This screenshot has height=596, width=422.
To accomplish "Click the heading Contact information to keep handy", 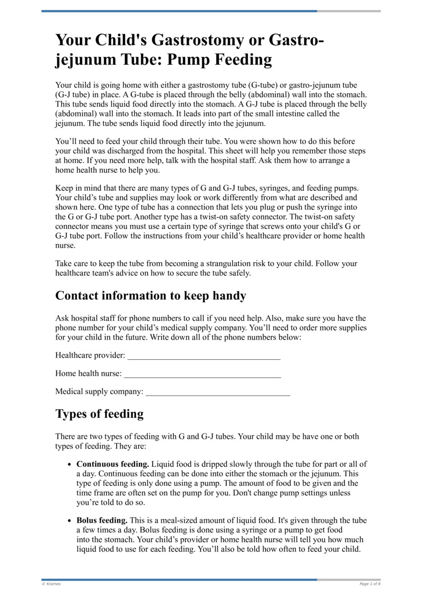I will point(151,296).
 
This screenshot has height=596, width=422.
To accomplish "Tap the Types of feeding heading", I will point(99,414).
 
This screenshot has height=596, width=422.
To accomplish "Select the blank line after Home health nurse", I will point(202,374).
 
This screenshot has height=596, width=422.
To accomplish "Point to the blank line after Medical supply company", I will point(218,392).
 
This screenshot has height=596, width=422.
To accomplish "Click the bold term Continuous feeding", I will point(113,464).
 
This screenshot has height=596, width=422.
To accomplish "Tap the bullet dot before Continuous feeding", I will point(70,465).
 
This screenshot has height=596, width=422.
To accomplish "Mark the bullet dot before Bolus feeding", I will point(70,521).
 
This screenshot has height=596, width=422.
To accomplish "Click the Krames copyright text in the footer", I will point(51,584).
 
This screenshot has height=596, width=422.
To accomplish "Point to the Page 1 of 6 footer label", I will point(370,584).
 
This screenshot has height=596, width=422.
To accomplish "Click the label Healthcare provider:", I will point(90,356).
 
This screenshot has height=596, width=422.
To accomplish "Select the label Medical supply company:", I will point(99,392).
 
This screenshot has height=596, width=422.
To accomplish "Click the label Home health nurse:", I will point(89,374).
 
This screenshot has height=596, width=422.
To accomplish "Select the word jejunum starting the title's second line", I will point(84,60).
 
